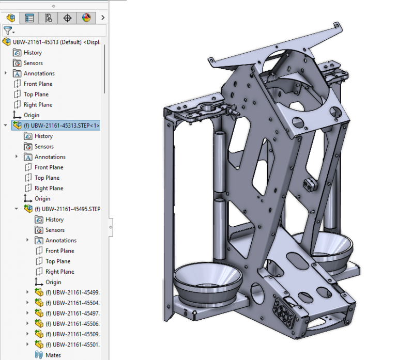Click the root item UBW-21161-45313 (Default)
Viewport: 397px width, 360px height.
(x=52, y=42)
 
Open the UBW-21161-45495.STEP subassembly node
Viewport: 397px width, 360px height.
(x=67, y=209)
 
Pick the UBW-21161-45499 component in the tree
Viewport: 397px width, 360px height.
(x=72, y=292)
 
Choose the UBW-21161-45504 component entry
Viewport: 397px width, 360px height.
(x=72, y=303)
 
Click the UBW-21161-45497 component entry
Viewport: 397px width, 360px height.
(x=72, y=313)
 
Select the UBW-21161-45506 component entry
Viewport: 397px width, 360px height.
(x=72, y=323)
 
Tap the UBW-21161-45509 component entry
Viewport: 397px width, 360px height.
(x=72, y=334)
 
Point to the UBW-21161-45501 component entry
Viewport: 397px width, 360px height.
(x=72, y=345)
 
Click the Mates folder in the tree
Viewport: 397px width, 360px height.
(x=53, y=355)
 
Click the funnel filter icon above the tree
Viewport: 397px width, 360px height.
(x=7, y=31)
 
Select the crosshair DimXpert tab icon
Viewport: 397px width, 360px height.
(x=67, y=18)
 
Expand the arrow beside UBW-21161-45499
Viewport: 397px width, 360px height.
(x=28, y=292)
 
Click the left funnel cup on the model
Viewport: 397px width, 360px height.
(x=207, y=281)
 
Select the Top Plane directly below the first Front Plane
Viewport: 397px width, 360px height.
(x=36, y=95)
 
